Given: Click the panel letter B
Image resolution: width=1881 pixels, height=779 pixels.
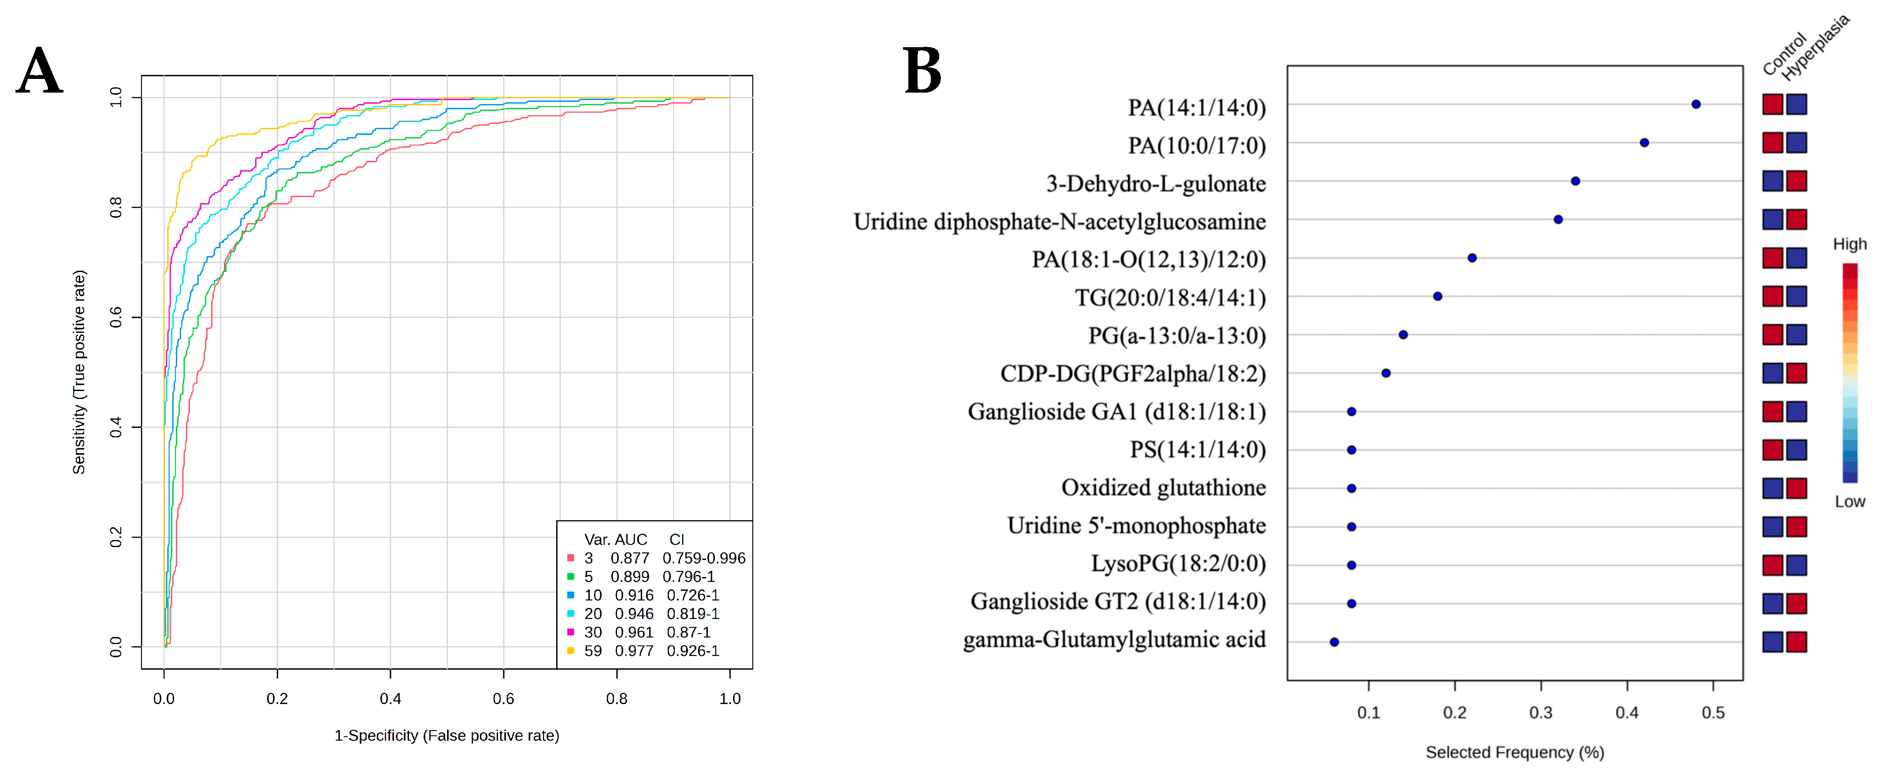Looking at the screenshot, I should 922,71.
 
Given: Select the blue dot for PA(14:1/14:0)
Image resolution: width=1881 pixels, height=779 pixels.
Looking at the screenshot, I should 1695,104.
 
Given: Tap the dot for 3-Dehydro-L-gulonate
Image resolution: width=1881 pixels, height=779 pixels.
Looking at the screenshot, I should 1575,181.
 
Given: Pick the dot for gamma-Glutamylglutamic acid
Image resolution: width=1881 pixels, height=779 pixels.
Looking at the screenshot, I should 1334,642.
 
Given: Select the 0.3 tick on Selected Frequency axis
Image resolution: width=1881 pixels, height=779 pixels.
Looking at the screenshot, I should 1541,712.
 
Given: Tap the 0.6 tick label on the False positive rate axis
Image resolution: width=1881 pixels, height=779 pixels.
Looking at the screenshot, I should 503,699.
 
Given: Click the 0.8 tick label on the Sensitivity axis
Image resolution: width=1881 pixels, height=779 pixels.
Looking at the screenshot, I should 115,208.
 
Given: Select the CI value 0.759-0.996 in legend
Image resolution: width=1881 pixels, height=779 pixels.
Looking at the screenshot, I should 704,558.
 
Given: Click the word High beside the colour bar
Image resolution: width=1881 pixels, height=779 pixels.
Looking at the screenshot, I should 1849,244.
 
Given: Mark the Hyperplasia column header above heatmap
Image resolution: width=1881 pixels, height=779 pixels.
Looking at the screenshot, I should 1815,48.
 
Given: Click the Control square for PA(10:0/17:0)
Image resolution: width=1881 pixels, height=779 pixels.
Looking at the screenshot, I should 1772,142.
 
